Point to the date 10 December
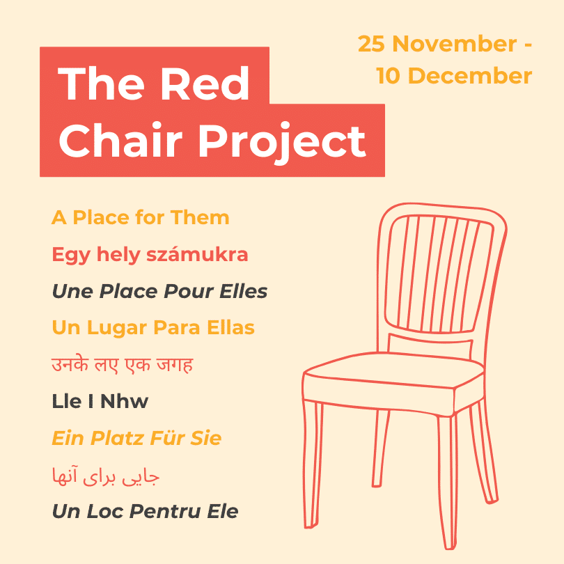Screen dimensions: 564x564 (454, 75)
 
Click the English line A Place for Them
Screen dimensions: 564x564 (141, 217)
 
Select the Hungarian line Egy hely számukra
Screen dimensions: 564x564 (150, 255)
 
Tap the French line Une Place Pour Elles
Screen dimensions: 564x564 (159, 291)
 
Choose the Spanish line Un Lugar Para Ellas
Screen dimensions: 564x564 (153, 327)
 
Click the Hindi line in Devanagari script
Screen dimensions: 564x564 (122, 365)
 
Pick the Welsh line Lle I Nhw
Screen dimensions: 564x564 (100, 401)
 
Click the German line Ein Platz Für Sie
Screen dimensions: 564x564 (136, 439)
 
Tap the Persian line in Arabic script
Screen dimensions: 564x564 (106, 476)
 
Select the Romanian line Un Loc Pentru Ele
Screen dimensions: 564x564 (145, 512)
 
